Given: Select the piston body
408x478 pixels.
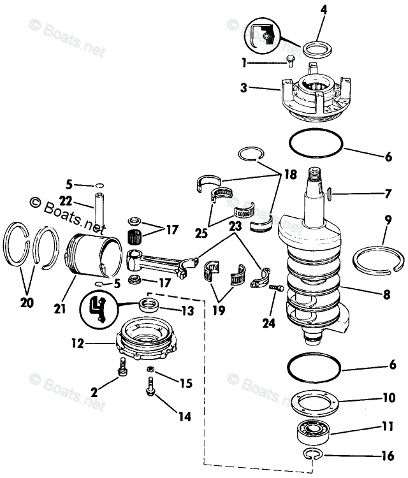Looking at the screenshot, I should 94,259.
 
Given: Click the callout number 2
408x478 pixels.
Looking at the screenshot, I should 94,393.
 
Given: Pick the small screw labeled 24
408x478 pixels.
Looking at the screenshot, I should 276,289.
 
